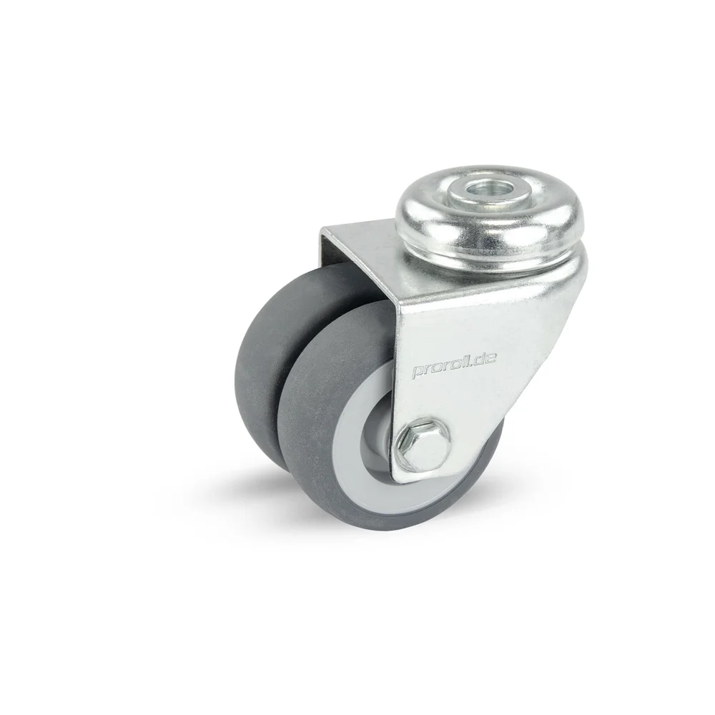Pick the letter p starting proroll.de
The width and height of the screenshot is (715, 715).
(x=418, y=373)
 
